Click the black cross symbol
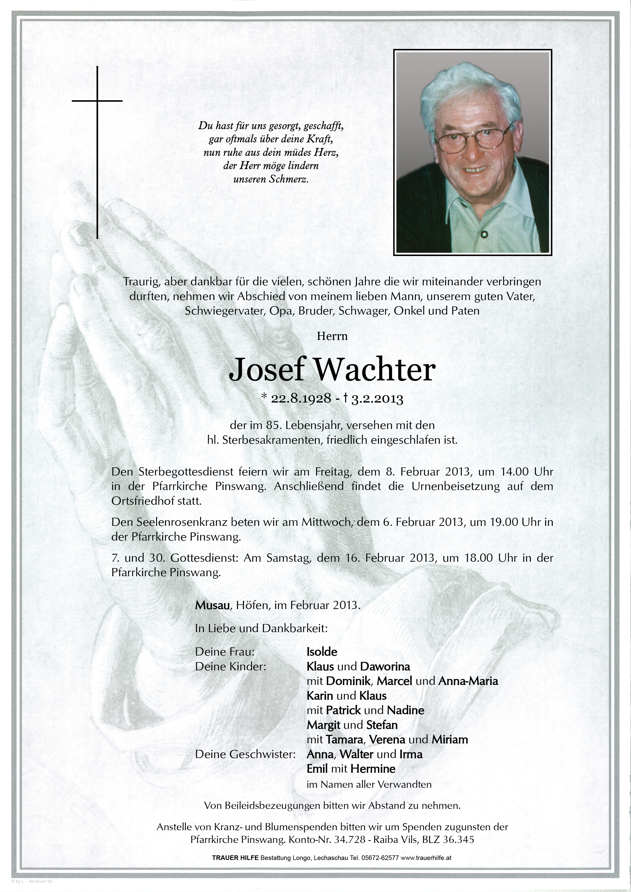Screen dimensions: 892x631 click(97, 152)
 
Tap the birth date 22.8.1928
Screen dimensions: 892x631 click(301, 399)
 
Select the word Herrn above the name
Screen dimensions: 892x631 click(332, 336)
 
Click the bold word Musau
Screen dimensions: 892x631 click(212, 605)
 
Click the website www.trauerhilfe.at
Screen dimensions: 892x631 click(426, 857)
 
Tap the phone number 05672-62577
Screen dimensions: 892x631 click(379, 857)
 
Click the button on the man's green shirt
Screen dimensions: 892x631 click(484, 234)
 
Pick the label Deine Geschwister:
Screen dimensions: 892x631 click(245, 754)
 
